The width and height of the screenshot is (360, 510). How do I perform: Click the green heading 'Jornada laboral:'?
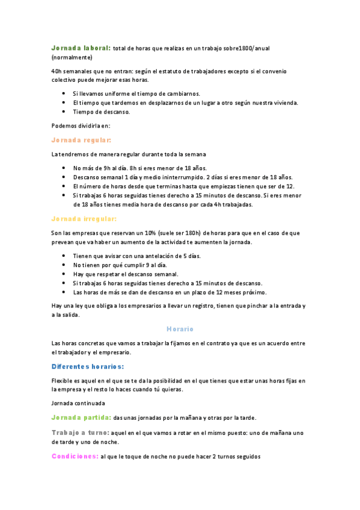[x=81, y=48]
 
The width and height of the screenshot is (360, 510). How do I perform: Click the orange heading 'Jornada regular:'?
[x=81, y=140]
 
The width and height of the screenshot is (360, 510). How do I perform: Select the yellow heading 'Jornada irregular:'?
[x=84, y=218]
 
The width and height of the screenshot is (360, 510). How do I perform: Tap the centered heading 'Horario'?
[x=180, y=329]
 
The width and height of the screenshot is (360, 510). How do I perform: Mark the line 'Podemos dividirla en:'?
[x=81, y=126]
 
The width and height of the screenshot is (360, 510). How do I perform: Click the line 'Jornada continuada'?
[x=78, y=403]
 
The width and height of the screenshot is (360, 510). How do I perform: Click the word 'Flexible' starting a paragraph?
[x=63, y=381]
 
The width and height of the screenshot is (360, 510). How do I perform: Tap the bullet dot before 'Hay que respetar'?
[x=64, y=274]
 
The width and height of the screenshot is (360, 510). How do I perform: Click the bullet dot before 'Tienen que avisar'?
[x=64, y=256]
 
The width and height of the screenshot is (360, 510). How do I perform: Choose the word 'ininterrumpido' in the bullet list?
[x=180, y=177]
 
